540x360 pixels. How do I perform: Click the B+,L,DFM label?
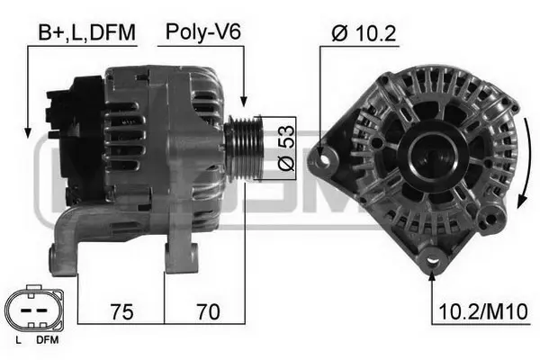coord(86,33)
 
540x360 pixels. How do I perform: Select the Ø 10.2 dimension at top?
coord(364,33)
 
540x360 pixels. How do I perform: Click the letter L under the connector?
coord(19,340)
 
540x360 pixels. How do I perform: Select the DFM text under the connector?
coord(47,340)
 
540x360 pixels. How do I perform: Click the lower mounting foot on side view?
coord(67,243)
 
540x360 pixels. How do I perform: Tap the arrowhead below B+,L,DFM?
coord(29,127)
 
